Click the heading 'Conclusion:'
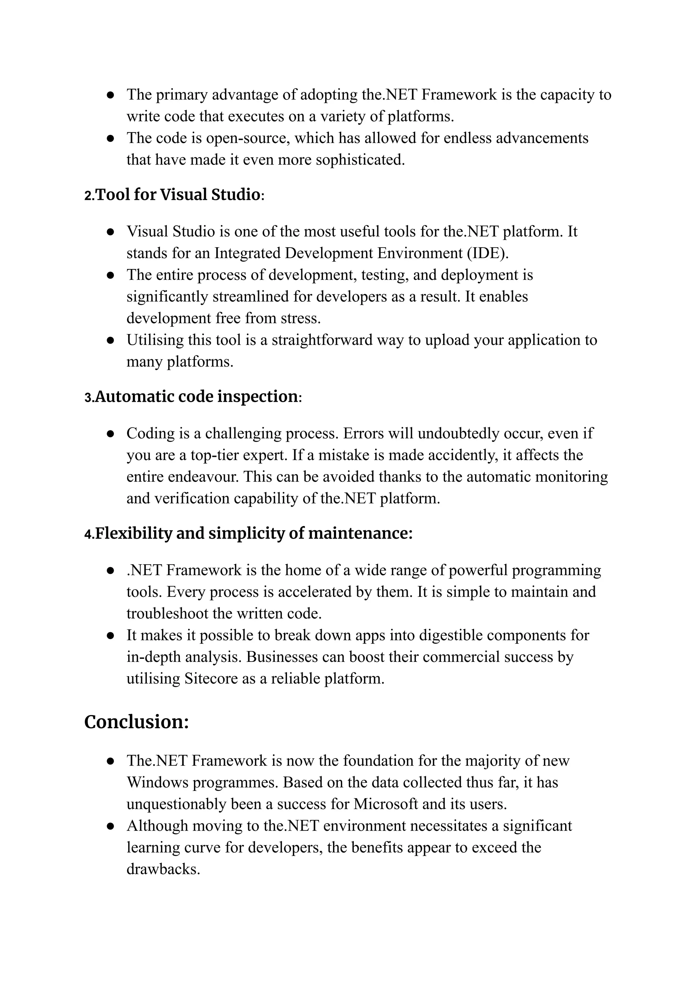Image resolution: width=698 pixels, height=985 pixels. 136,722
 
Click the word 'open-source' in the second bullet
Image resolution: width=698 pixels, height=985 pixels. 247,138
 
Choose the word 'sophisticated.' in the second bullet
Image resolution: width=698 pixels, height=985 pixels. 360,160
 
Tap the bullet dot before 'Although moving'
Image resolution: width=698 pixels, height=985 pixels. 110,826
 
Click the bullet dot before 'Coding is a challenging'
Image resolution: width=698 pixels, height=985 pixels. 110,434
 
